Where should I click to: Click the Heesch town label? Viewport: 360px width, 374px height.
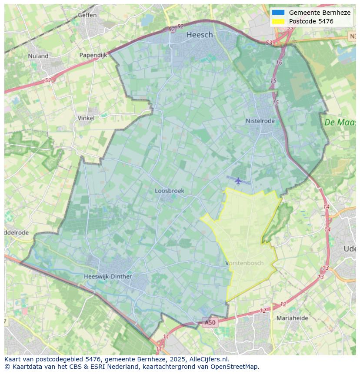pyautogui.click(x=200, y=35)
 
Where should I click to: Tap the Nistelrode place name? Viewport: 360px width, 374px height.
pyautogui.click(x=260, y=121)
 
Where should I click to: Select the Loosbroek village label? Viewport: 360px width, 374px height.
pyautogui.click(x=170, y=191)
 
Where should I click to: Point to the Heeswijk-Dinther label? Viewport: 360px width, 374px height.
pyautogui.click(x=108, y=276)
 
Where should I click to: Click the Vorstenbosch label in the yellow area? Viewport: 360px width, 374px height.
pyautogui.click(x=245, y=263)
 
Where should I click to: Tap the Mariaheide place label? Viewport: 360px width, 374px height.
pyautogui.click(x=292, y=318)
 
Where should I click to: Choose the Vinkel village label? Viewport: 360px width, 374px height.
pyautogui.click(x=86, y=118)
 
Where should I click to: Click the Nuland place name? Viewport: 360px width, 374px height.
pyautogui.click(x=38, y=56)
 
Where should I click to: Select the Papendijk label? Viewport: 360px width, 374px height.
pyautogui.click(x=93, y=55)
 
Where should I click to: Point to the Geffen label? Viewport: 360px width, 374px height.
pyautogui.click(x=87, y=15)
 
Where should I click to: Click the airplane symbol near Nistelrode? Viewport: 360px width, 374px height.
pyautogui.click(x=238, y=180)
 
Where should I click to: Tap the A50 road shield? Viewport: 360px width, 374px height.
pyautogui.click(x=210, y=322)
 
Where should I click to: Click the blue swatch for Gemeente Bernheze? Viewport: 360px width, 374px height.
pyautogui.click(x=278, y=13)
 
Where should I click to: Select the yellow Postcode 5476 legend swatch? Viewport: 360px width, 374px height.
pyautogui.click(x=278, y=21)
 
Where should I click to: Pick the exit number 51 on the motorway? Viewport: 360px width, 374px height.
pyautogui.click(x=48, y=80)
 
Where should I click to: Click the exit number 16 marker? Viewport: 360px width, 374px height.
pyautogui.click(x=279, y=63)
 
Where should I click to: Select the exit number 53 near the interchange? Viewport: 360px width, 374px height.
pyautogui.click(x=269, y=43)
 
